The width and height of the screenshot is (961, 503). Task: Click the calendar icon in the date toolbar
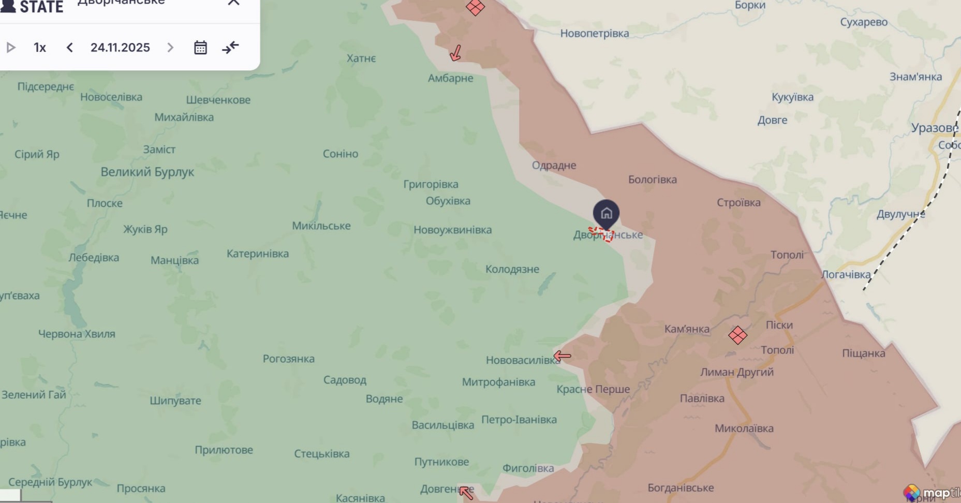[x=200, y=48]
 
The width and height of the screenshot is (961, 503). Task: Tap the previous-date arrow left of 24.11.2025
[x=70, y=48]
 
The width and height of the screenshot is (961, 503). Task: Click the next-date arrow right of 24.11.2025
[x=170, y=48]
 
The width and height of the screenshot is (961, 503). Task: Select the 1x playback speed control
[x=40, y=48]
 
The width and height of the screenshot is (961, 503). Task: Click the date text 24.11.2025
[x=120, y=48]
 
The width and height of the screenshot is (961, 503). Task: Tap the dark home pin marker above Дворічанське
[x=606, y=213]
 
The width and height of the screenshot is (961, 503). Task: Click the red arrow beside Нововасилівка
[x=562, y=356]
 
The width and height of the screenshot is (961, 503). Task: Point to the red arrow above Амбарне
[x=455, y=53]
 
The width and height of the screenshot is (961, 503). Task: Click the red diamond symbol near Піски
[x=737, y=335]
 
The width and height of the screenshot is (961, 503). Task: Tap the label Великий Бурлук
[x=147, y=172]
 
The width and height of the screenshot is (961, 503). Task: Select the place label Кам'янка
[x=687, y=329]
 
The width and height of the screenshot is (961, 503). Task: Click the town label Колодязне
[x=512, y=269]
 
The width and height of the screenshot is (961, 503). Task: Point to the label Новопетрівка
[x=595, y=34]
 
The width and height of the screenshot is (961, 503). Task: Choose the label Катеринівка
[x=258, y=254]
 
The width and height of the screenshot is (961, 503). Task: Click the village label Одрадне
[x=554, y=165]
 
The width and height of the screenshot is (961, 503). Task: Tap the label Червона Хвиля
[x=77, y=334]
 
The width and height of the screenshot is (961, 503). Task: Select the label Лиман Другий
[x=736, y=372]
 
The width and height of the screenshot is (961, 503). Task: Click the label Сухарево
[x=864, y=22]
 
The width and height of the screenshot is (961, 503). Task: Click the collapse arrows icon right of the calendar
[x=230, y=48]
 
